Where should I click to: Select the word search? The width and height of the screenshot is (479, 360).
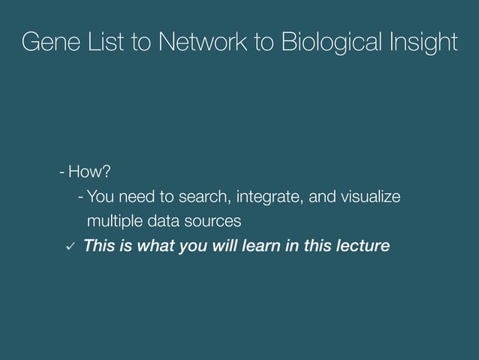click(x=202, y=198)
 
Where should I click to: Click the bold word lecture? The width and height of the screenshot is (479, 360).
click(x=363, y=246)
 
